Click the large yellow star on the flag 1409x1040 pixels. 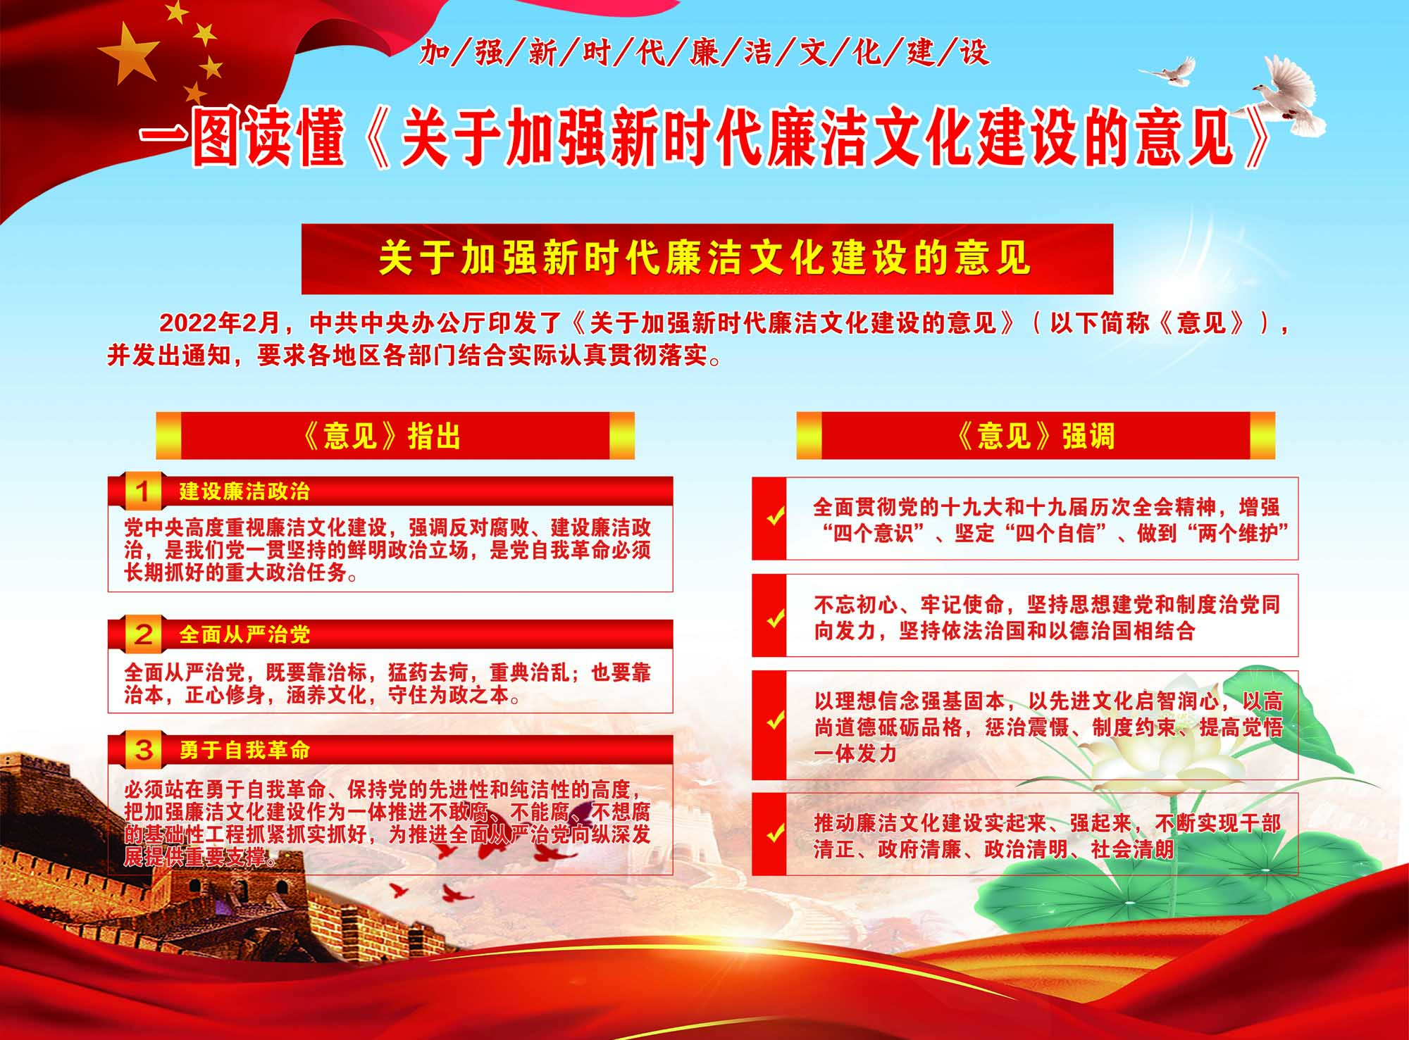tap(128, 54)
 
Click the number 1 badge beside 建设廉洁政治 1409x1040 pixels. tap(143, 491)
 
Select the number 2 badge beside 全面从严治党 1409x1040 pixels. tap(143, 634)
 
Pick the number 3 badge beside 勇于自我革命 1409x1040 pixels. tap(143, 750)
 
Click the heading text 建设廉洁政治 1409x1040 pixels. tap(244, 491)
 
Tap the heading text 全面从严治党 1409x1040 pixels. tap(244, 635)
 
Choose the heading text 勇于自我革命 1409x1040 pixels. tap(244, 751)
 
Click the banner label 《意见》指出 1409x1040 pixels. tap(380, 437)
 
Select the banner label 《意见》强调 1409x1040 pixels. tap(1035, 437)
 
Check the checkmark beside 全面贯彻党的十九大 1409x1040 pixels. tap(775, 518)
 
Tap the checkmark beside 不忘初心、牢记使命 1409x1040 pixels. tap(775, 620)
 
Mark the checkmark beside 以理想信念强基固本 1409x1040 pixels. tap(775, 721)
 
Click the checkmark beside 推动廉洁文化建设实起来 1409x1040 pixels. tap(775, 834)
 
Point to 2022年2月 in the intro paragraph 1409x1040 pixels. tap(220, 323)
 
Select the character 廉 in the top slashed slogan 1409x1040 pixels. tap(704, 53)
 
